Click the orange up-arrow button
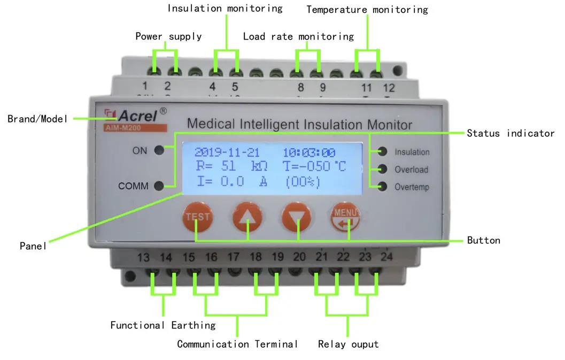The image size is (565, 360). (247, 218)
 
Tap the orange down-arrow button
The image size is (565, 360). (297, 218)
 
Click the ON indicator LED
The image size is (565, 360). (159, 150)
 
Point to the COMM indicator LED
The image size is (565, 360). (159, 186)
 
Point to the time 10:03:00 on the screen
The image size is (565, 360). (308, 152)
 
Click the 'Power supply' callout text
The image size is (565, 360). (168, 36)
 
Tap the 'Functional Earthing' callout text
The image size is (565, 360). (163, 325)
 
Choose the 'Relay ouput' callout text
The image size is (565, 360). (348, 344)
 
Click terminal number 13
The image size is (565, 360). (144, 258)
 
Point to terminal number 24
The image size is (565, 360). (386, 257)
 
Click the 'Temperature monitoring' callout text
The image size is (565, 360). (367, 10)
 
